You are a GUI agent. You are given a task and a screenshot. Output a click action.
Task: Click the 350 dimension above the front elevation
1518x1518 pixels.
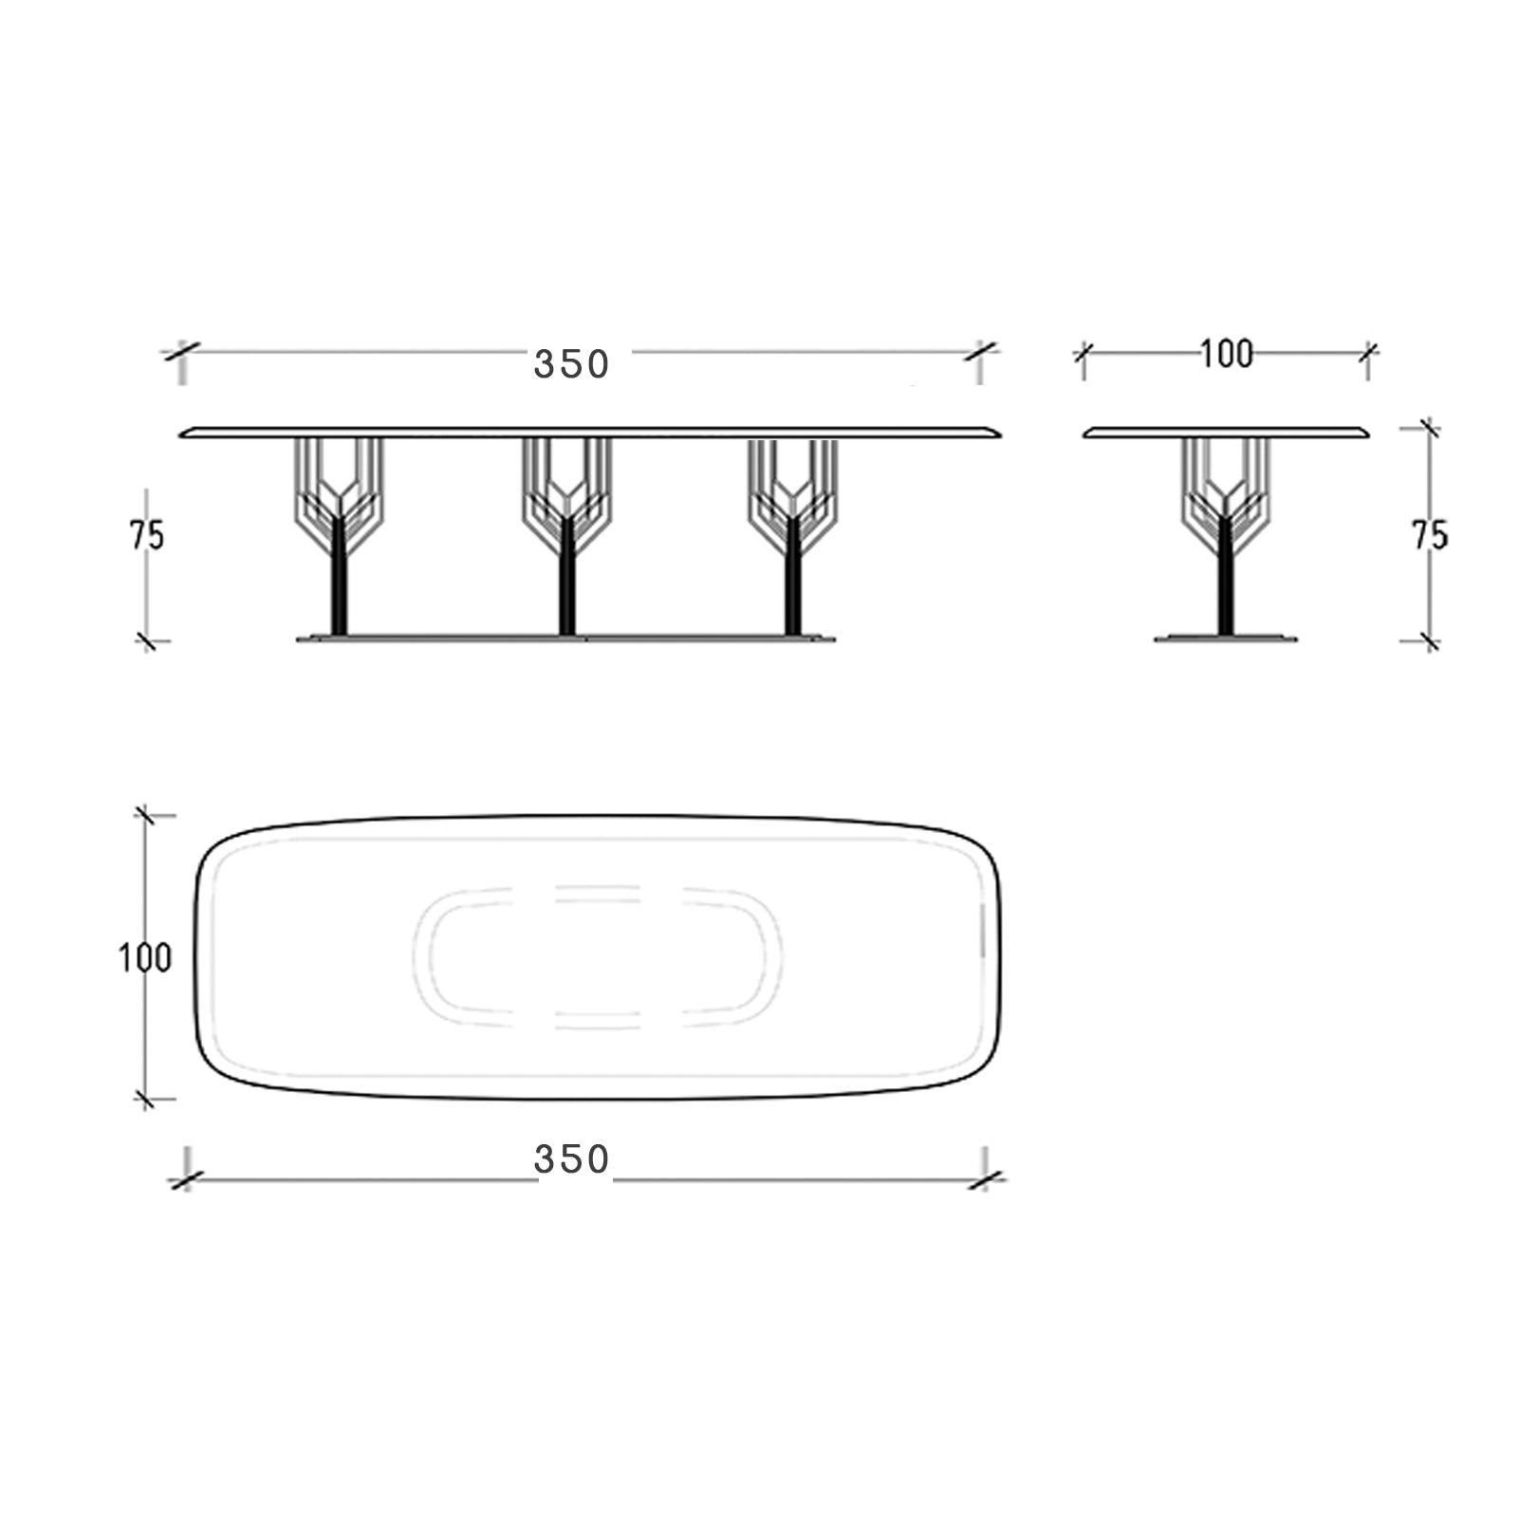tap(570, 364)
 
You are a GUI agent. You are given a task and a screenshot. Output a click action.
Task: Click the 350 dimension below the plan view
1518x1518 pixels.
tap(570, 1159)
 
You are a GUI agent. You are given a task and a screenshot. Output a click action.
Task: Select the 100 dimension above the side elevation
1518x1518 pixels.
tap(1226, 354)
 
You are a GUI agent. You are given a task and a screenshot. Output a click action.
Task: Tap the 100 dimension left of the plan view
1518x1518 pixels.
tap(144, 958)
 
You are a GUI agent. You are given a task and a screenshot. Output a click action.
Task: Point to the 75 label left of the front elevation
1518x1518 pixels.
tap(147, 536)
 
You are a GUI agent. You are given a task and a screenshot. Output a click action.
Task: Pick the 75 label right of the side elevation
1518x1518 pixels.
tap(1430, 536)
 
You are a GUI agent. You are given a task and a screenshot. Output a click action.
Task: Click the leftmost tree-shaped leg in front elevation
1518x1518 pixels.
tap(339, 531)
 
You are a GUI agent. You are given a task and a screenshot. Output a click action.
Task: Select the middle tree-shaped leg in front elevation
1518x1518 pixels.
tap(566, 531)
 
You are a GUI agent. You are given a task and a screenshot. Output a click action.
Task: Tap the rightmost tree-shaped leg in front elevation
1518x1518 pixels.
tap(792, 531)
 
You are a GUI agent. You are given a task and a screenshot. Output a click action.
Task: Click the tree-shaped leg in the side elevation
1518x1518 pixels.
tap(1225, 531)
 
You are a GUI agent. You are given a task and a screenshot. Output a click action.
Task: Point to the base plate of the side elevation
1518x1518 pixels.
tap(1225, 639)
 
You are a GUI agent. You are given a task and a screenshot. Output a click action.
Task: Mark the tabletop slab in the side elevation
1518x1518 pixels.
tap(1226, 433)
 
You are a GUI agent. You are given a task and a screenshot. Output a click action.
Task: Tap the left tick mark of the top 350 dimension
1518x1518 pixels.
tap(182, 351)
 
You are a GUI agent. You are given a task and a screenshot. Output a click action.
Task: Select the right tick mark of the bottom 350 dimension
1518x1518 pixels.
tap(986, 1180)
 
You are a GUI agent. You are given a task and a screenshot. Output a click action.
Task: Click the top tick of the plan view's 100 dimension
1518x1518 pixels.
tap(144, 815)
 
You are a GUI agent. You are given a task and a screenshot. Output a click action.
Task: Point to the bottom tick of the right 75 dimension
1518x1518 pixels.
tap(1430, 641)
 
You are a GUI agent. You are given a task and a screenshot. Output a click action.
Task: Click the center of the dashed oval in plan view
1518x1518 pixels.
tap(598, 958)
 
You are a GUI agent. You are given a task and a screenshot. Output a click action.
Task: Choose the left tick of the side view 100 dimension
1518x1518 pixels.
tap(1083, 353)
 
